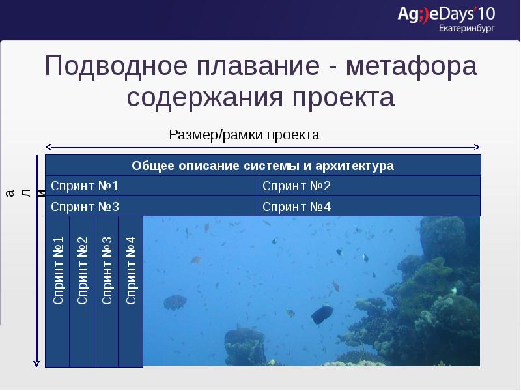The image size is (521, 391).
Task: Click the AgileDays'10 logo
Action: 446,14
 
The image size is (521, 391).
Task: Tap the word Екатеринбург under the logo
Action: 467,29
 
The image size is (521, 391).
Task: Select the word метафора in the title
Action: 412,67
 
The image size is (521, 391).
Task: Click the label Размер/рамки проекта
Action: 244,135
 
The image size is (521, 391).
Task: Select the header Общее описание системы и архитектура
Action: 262,166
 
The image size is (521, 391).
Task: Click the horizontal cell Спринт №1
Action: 151,186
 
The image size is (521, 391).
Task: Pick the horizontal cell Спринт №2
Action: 368,186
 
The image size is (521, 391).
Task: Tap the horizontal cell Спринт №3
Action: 151,207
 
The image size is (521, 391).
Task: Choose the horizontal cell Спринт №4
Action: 368,207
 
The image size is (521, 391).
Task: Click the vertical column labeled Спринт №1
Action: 57,291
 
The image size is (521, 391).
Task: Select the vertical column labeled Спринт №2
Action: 82,291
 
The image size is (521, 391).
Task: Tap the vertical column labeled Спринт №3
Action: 107,291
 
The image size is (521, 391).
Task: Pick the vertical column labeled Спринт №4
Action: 131,291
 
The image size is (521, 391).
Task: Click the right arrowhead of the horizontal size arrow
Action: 477,147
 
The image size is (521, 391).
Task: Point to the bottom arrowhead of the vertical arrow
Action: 38,362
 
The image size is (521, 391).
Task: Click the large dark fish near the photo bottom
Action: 322,314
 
